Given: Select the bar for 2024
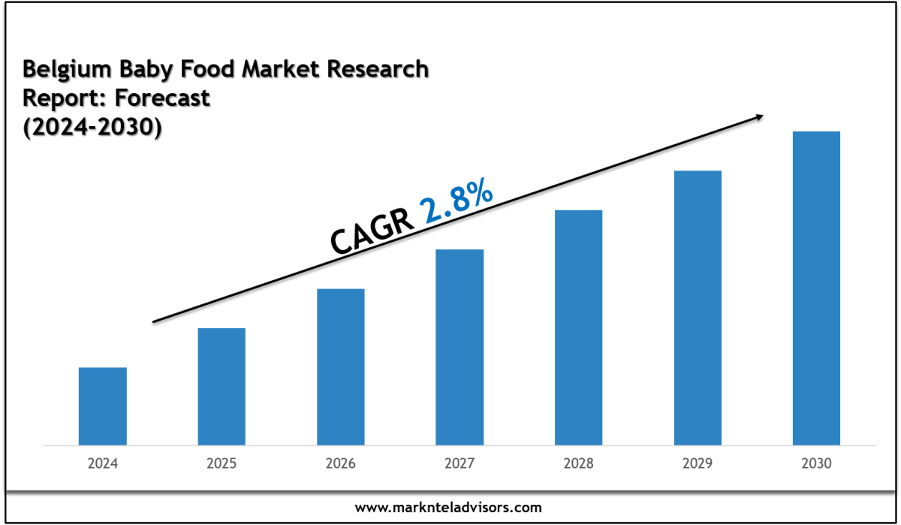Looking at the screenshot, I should pos(102,406).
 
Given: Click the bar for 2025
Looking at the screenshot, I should pos(221,386).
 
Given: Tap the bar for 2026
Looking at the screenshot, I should pos(341,367).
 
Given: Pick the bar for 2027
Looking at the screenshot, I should pos(460,347).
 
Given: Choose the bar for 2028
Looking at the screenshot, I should pos(578,327).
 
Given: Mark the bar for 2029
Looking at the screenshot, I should pos(698,308).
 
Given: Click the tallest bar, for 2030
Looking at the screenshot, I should pos(816,288).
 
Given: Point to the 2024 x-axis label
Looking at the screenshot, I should pos(102,464).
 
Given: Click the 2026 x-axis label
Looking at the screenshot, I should pos(341,464).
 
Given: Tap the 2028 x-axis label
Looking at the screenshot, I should pos(578,464).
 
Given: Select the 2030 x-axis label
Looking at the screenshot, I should pos(816,464).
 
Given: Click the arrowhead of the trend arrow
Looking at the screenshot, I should pos(760,116).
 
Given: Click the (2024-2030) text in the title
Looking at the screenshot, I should pos(92,128).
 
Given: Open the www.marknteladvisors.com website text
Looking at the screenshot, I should pos(448,508).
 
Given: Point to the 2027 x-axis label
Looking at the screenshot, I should pos(460,464).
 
